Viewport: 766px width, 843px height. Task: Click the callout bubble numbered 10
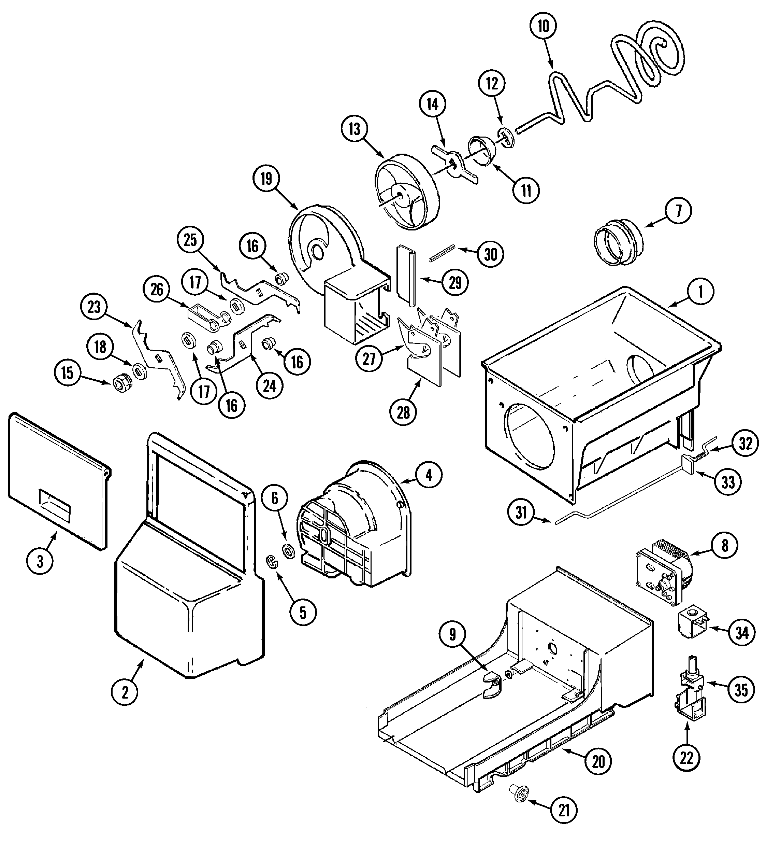point(543,26)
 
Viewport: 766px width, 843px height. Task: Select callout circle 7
point(678,211)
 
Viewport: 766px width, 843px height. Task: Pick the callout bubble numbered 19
point(266,179)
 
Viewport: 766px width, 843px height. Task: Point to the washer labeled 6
point(288,551)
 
